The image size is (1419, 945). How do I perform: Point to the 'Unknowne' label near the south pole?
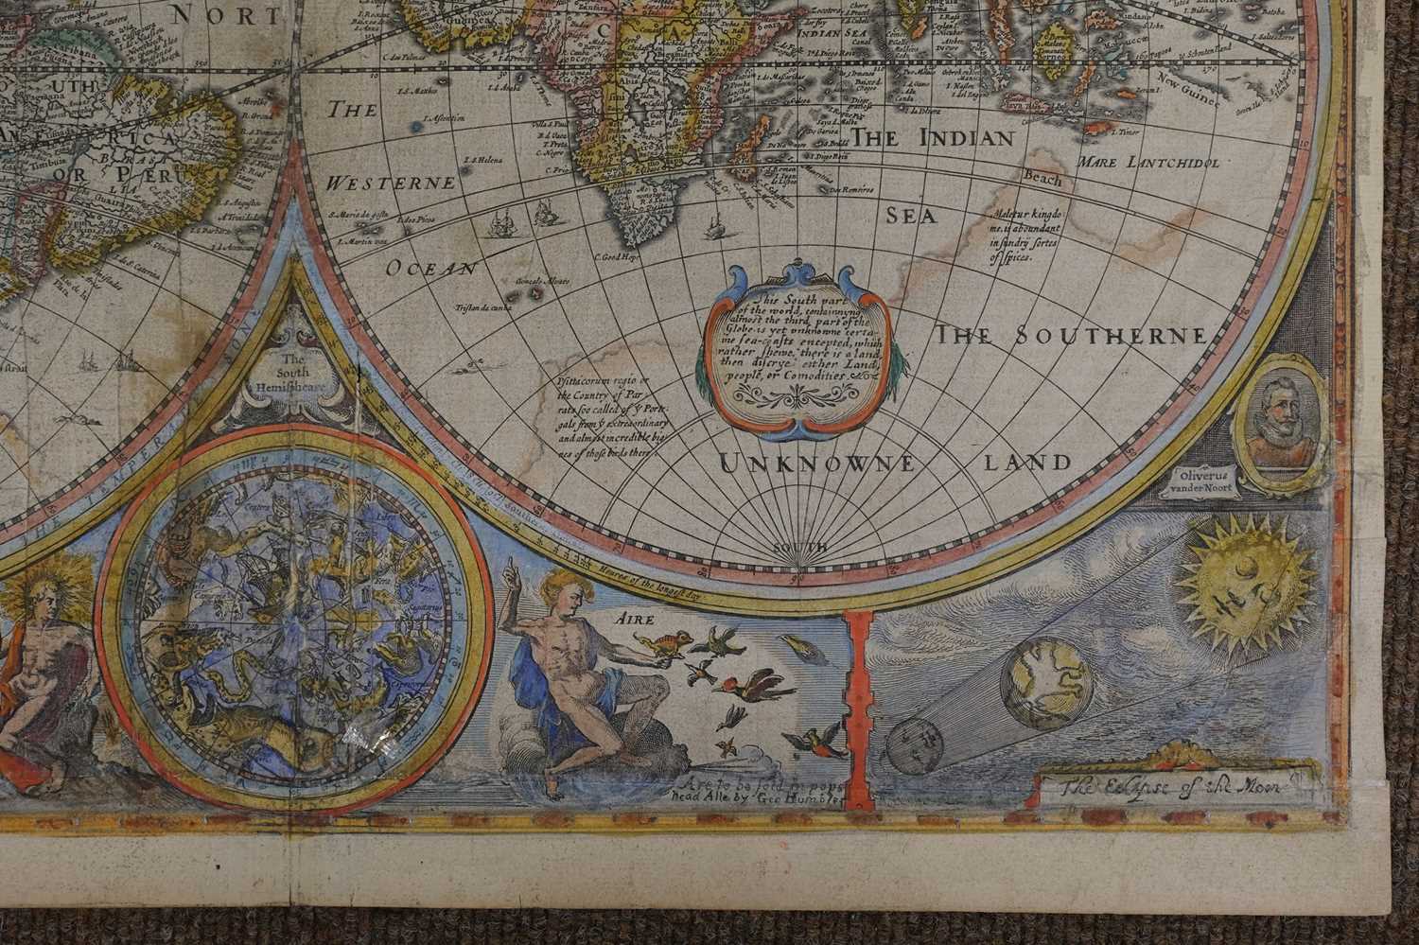point(816,464)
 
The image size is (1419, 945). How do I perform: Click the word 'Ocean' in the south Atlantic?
point(431,268)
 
